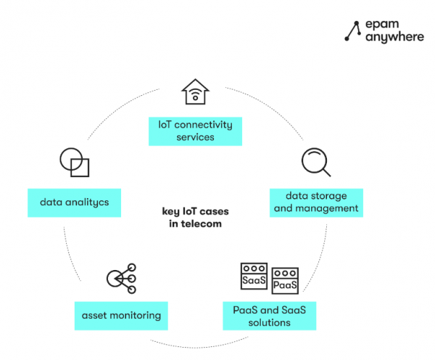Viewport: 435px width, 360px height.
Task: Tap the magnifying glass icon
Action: [x=316, y=162]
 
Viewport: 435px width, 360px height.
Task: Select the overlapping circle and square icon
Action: [x=75, y=162]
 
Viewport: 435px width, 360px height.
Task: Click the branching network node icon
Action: [x=121, y=279]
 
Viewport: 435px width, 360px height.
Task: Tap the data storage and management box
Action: [x=315, y=202]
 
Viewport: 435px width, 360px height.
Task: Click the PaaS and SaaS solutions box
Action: [x=270, y=316]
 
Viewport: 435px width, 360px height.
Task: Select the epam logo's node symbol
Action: [x=353, y=30]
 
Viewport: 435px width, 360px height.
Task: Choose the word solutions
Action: [x=270, y=322]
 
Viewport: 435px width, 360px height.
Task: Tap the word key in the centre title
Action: [x=170, y=212]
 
